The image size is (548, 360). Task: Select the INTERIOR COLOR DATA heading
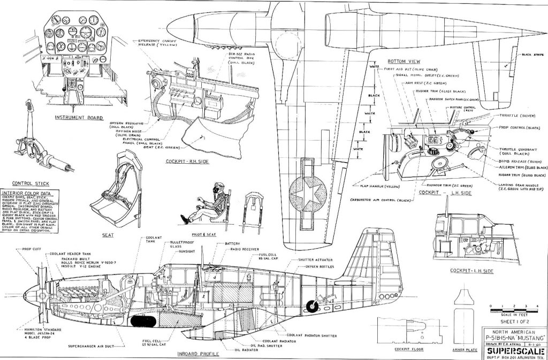[27, 194]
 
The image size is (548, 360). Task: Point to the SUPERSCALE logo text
[515, 351]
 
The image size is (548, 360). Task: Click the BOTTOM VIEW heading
[405, 62]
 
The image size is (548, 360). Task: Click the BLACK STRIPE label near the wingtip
[531, 54]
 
